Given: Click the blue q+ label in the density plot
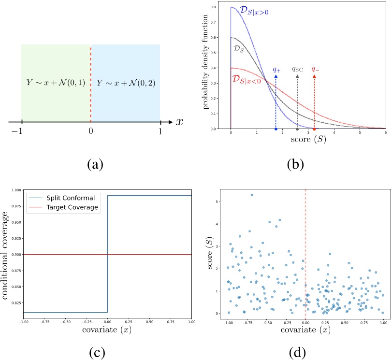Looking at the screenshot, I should pos(276,70).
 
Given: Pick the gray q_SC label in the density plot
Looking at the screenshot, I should pos(297,69).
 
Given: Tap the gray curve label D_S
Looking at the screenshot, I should pos(237,49).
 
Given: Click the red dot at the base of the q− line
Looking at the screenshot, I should pos(315,129).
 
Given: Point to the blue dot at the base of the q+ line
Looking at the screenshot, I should pos(276,129).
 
